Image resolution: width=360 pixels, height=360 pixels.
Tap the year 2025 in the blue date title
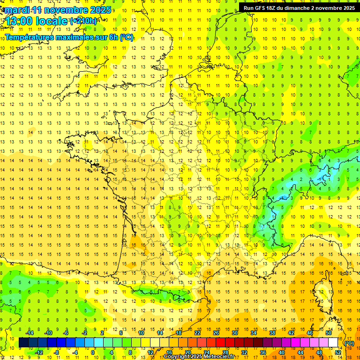(100, 9)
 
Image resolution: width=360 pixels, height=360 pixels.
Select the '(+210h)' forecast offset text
(83, 21)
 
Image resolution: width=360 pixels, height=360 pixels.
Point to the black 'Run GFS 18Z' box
(299, 7)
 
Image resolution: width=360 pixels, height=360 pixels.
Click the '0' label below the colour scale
(93, 352)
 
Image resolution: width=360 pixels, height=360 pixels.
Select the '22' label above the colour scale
(197, 333)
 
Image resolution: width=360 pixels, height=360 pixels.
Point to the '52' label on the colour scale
(338, 352)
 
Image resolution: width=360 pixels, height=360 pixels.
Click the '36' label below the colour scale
(263, 352)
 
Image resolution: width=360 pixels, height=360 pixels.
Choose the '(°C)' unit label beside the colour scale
(349, 343)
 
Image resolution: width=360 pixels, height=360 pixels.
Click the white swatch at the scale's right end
(333, 343)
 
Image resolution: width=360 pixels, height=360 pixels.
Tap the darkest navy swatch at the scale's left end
(23, 343)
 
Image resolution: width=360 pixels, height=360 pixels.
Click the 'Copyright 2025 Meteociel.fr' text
(199, 357)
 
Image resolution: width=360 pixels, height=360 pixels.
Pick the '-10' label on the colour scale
(47, 333)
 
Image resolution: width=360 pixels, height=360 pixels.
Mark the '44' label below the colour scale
(300, 352)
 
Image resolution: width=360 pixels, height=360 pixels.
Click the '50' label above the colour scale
(329, 333)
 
